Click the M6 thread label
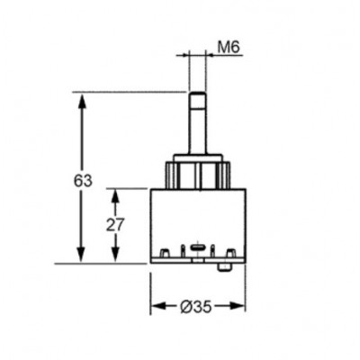[x=229, y=47]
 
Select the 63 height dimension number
[x=83, y=181]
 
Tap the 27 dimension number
[x=115, y=225]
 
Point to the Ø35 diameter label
[x=196, y=307]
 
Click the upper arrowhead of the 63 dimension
[x=82, y=101]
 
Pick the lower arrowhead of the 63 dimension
[x=82, y=256]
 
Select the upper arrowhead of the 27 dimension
[x=115, y=196]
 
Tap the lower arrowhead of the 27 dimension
[x=115, y=256]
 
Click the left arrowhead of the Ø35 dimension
[x=158, y=306]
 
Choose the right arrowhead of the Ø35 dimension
[x=238, y=306]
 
